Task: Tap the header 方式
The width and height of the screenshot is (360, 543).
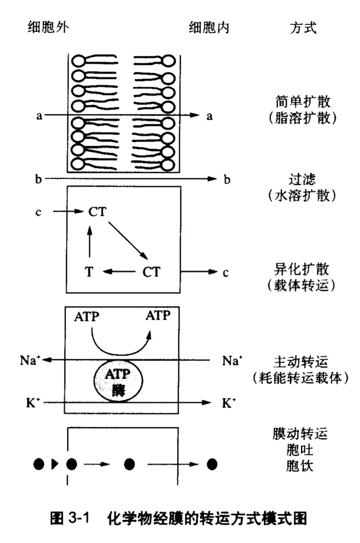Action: [304, 28]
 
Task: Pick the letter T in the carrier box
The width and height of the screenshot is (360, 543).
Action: [89, 272]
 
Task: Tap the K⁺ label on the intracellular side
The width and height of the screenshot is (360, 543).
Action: [229, 403]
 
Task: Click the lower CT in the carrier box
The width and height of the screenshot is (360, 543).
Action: [152, 272]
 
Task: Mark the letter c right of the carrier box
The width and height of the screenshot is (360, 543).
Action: [225, 272]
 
